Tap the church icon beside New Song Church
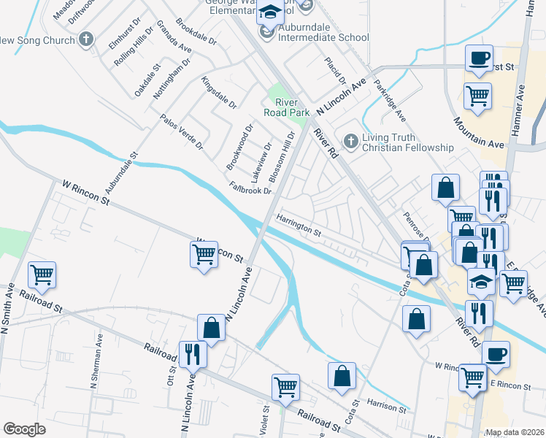tap(86, 39)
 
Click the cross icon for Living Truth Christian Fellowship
tap(351, 142)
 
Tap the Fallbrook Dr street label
tap(250, 189)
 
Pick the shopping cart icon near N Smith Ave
tap(42, 275)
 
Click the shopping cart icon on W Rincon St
tap(204, 255)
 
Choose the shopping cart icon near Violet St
tap(285, 386)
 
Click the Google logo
tap(24, 429)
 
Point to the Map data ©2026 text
tap(515, 432)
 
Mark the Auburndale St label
tap(122, 178)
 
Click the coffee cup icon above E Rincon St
tap(496, 354)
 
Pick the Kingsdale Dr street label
tap(220, 93)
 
